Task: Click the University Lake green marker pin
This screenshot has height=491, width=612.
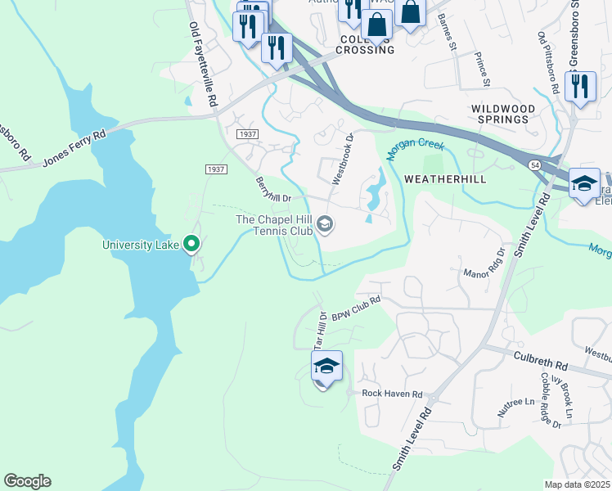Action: tap(191, 243)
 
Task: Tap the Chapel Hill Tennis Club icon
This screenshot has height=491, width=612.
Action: tap(325, 224)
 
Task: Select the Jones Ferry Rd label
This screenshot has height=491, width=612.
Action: tap(76, 147)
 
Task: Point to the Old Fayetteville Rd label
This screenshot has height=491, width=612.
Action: tap(204, 65)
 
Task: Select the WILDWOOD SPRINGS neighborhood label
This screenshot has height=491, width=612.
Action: tap(503, 114)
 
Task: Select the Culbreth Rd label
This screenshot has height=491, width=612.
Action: tap(541, 362)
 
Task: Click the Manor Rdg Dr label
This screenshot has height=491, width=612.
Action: tap(482, 264)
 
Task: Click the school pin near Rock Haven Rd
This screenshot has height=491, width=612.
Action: tap(326, 367)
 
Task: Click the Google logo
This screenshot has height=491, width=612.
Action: tap(27, 481)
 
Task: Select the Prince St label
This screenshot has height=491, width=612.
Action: tap(482, 70)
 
